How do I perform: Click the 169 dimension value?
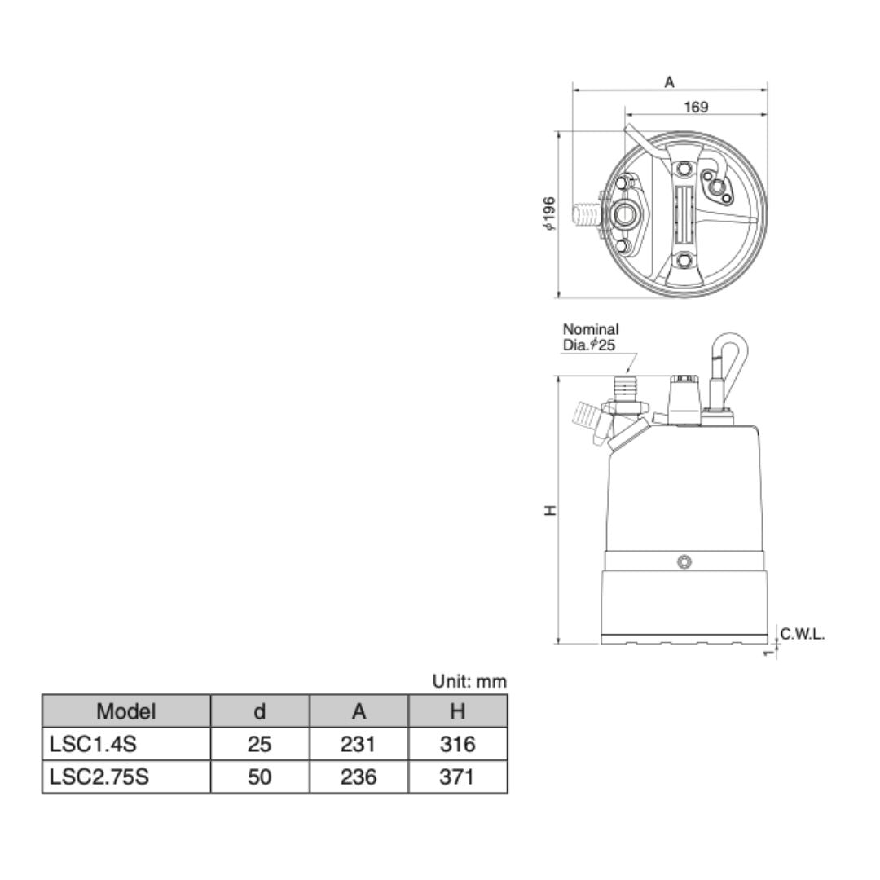pos(696,107)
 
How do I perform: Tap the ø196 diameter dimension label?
pos(548,213)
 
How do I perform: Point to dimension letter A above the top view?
pos(669,82)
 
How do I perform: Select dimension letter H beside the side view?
pos(551,510)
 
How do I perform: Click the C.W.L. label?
pos(802,635)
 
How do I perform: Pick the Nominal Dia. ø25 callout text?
pos(591,337)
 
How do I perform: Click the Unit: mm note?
pos(469,681)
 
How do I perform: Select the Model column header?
pos(125,711)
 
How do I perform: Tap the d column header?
pos(259,711)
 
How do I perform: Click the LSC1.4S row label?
pos(93,744)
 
